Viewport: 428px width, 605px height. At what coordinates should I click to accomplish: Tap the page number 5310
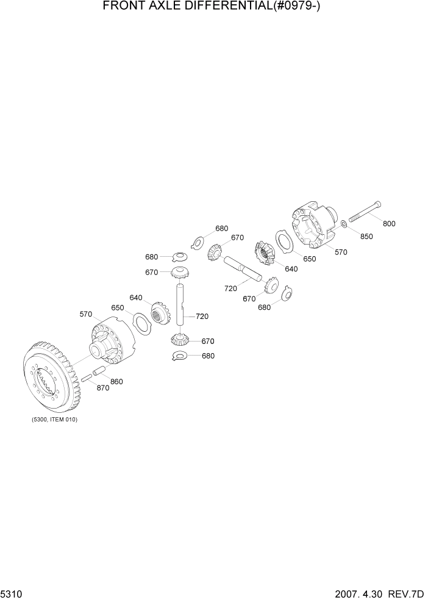13,595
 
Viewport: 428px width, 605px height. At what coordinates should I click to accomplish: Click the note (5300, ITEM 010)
54,420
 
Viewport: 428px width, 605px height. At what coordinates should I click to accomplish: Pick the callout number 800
388,224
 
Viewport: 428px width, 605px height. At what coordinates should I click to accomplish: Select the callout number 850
366,237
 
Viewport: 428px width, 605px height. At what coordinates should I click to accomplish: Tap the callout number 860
116,382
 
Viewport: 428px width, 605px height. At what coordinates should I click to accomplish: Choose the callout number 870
102,388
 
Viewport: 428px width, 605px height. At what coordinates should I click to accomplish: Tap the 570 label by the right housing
340,252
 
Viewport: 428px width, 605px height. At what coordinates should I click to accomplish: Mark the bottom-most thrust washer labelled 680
180,356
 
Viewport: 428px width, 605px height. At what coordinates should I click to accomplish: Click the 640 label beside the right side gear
291,269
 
